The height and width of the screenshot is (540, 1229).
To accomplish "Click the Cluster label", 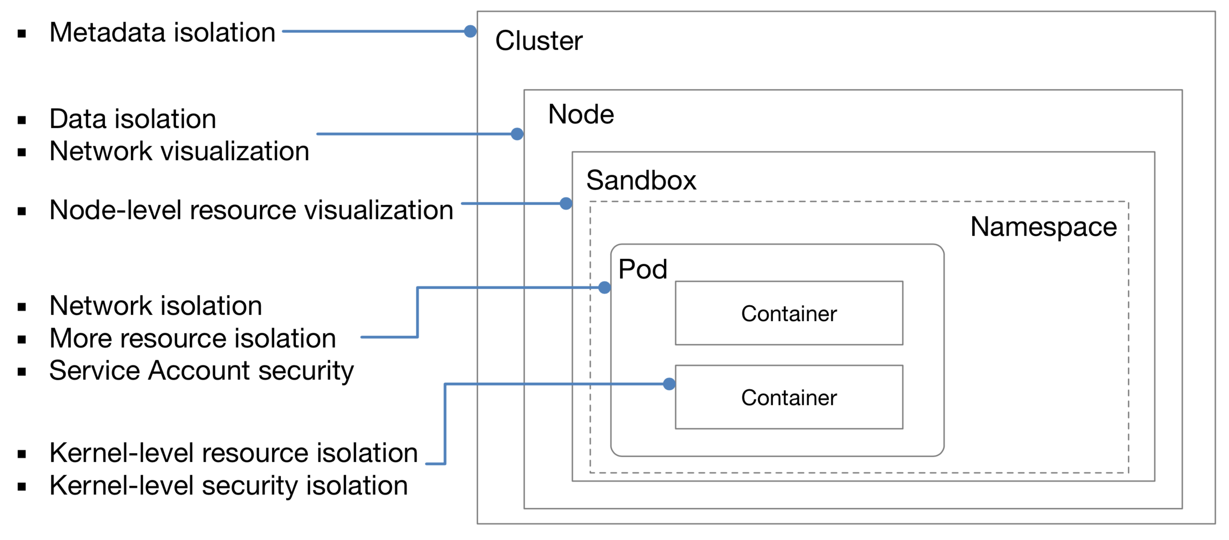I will (x=538, y=41).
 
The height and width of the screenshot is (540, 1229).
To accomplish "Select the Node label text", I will (x=581, y=115).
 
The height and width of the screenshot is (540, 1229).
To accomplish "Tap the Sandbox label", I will (x=641, y=181).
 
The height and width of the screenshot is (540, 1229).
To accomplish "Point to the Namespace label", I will (x=1043, y=227).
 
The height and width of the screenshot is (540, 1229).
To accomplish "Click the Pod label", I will (x=642, y=269).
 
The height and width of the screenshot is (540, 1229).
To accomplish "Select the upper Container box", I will (x=789, y=313).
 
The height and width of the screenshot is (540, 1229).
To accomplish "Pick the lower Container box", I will (x=789, y=397).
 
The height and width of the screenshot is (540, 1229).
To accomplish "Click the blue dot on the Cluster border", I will (x=470, y=31).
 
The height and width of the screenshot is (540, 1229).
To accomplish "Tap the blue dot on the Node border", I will (x=517, y=134).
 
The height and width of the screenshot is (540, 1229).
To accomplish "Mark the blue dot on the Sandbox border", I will (x=566, y=204).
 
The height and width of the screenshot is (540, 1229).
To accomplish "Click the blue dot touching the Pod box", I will (x=604, y=288).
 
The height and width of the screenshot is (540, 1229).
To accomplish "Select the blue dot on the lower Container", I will (x=669, y=384).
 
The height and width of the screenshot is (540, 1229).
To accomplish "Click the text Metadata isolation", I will (x=162, y=33).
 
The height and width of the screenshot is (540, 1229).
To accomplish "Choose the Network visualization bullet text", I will (x=179, y=151).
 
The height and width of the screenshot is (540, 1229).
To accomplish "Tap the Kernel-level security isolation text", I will (x=229, y=486).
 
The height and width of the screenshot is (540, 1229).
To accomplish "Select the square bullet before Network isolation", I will (x=21, y=307).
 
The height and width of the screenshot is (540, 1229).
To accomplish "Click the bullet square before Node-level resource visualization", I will (x=21, y=211).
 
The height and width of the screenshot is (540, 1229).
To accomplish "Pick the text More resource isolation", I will (x=193, y=339).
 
